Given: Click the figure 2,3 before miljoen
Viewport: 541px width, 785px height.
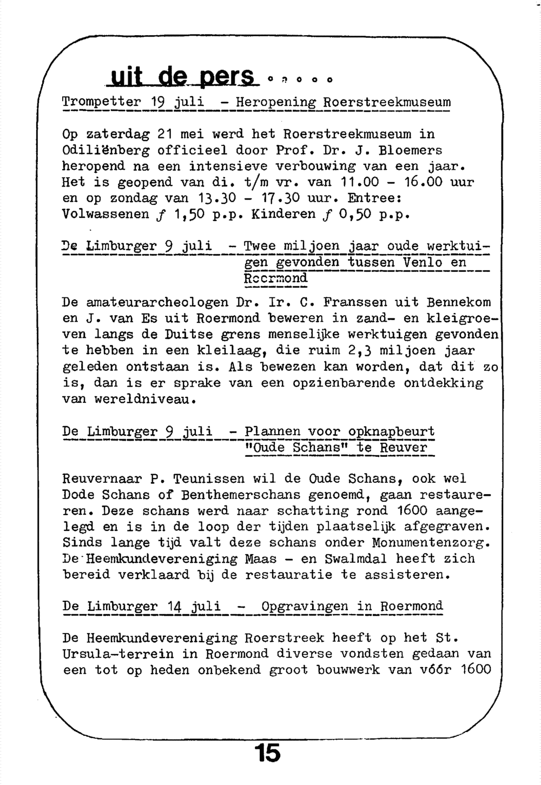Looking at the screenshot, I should [x=364, y=351].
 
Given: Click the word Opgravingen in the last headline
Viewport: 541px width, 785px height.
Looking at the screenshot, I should [x=305, y=606].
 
